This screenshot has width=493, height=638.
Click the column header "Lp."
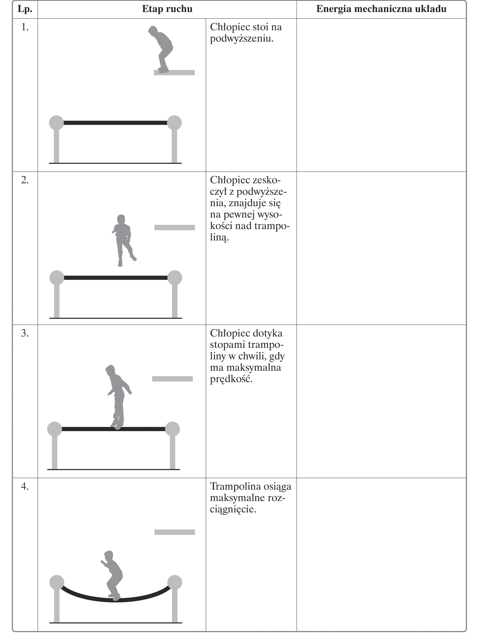(25, 9)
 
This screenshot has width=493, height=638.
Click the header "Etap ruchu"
(167, 9)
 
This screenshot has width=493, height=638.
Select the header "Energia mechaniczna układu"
(381, 9)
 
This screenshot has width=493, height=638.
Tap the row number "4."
(25, 486)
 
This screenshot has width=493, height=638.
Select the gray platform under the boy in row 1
(174, 72)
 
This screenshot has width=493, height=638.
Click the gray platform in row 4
(175, 532)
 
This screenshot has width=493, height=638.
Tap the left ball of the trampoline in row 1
(56, 123)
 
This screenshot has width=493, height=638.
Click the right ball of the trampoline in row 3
(173, 429)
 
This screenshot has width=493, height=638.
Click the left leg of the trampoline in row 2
(57, 301)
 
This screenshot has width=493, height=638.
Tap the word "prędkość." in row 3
(231, 379)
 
